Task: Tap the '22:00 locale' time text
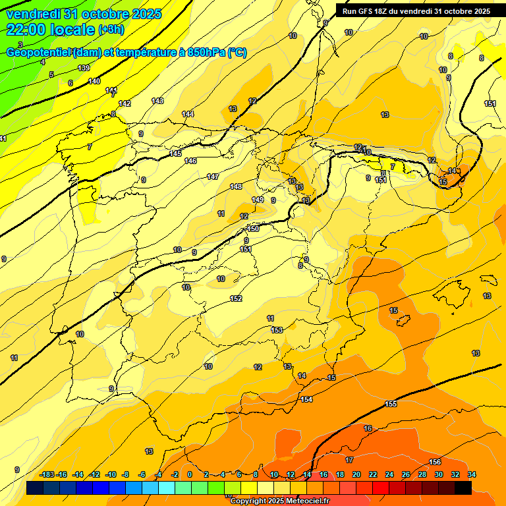(51, 29)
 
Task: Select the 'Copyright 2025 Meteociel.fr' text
(279, 501)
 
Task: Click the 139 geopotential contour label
(84, 68)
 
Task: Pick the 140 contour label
(94, 81)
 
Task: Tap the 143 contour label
(157, 101)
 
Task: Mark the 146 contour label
(190, 161)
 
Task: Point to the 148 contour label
(236, 186)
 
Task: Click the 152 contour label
(236, 298)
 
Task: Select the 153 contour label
(277, 329)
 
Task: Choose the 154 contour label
(306, 399)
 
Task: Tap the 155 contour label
(391, 403)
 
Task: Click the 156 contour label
(435, 461)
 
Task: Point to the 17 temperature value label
(349, 460)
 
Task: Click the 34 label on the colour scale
(472, 474)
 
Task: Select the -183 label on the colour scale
(47, 474)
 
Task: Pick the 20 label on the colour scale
(356, 474)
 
